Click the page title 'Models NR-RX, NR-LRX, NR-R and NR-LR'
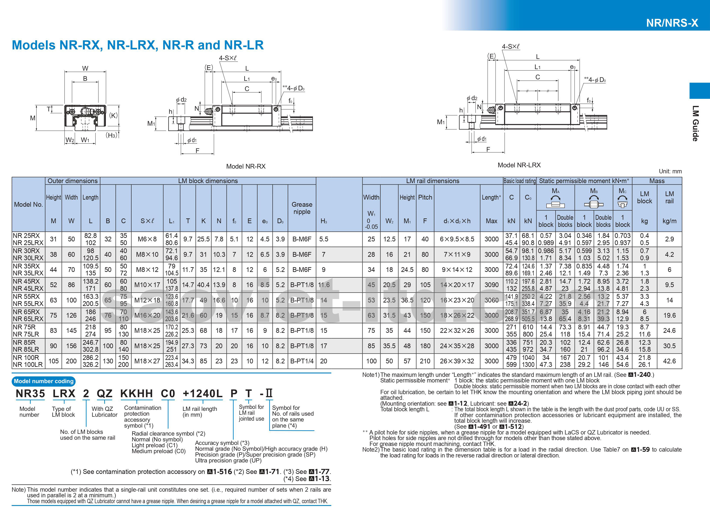(x=138, y=45)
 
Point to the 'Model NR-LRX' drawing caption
(x=519, y=165)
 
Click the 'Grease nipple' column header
(x=302, y=208)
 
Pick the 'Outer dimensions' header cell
(x=73, y=181)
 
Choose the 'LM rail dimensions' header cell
(x=432, y=181)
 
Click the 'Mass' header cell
(x=657, y=181)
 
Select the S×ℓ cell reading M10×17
(x=147, y=285)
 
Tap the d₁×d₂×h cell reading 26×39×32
(x=457, y=361)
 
